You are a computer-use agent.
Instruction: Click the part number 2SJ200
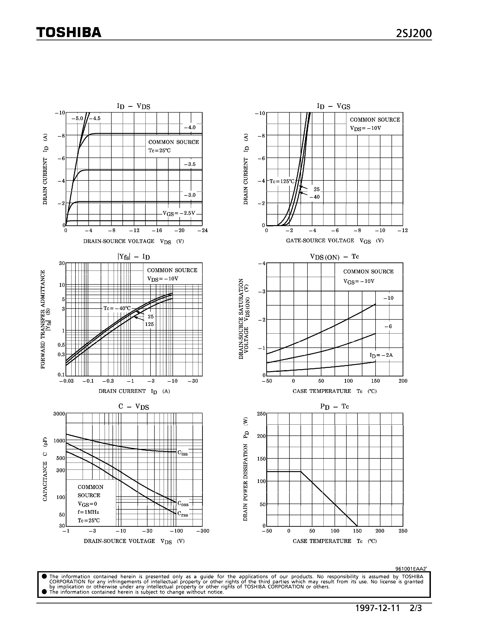pyautogui.click(x=414, y=34)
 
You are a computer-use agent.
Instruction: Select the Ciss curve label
pyautogui.click(x=183, y=453)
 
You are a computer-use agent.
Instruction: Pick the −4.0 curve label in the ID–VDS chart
pyautogui.click(x=190, y=127)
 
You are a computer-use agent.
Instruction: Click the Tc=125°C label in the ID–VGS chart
pyautogui.click(x=282, y=181)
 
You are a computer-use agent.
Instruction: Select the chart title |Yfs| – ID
pyautogui.click(x=134, y=257)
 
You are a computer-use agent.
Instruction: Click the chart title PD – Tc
pyautogui.click(x=334, y=407)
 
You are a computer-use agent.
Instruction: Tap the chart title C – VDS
pyautogui.click(x=134, y=407)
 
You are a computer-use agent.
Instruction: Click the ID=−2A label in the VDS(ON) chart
pyautogui.click(x=381, y=355)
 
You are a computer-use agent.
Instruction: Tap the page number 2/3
pyautogui.click(x=416, y=608)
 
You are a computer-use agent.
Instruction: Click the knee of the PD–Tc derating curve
pyautogui.click(x=301, y=471)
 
